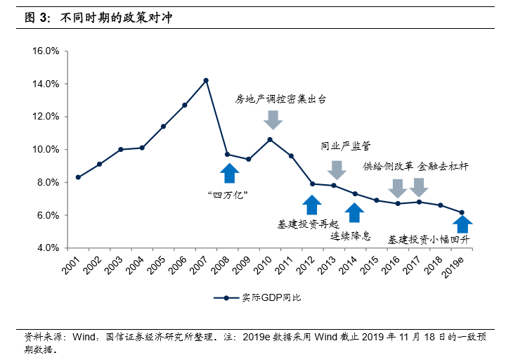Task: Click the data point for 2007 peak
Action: click(x=206, y=80)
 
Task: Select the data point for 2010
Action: click(x=270, y=139)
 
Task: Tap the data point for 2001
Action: click(x=78, y=177)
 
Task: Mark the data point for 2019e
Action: click(x=462, y=212)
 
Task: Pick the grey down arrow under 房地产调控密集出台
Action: click(x=273, y=120)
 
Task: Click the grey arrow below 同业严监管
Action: click(x=337, y=169)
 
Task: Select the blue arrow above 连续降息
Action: click(x=355, y=213)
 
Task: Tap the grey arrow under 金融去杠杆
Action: click(x=419, y=188)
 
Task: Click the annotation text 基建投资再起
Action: click(x=309, y=224)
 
